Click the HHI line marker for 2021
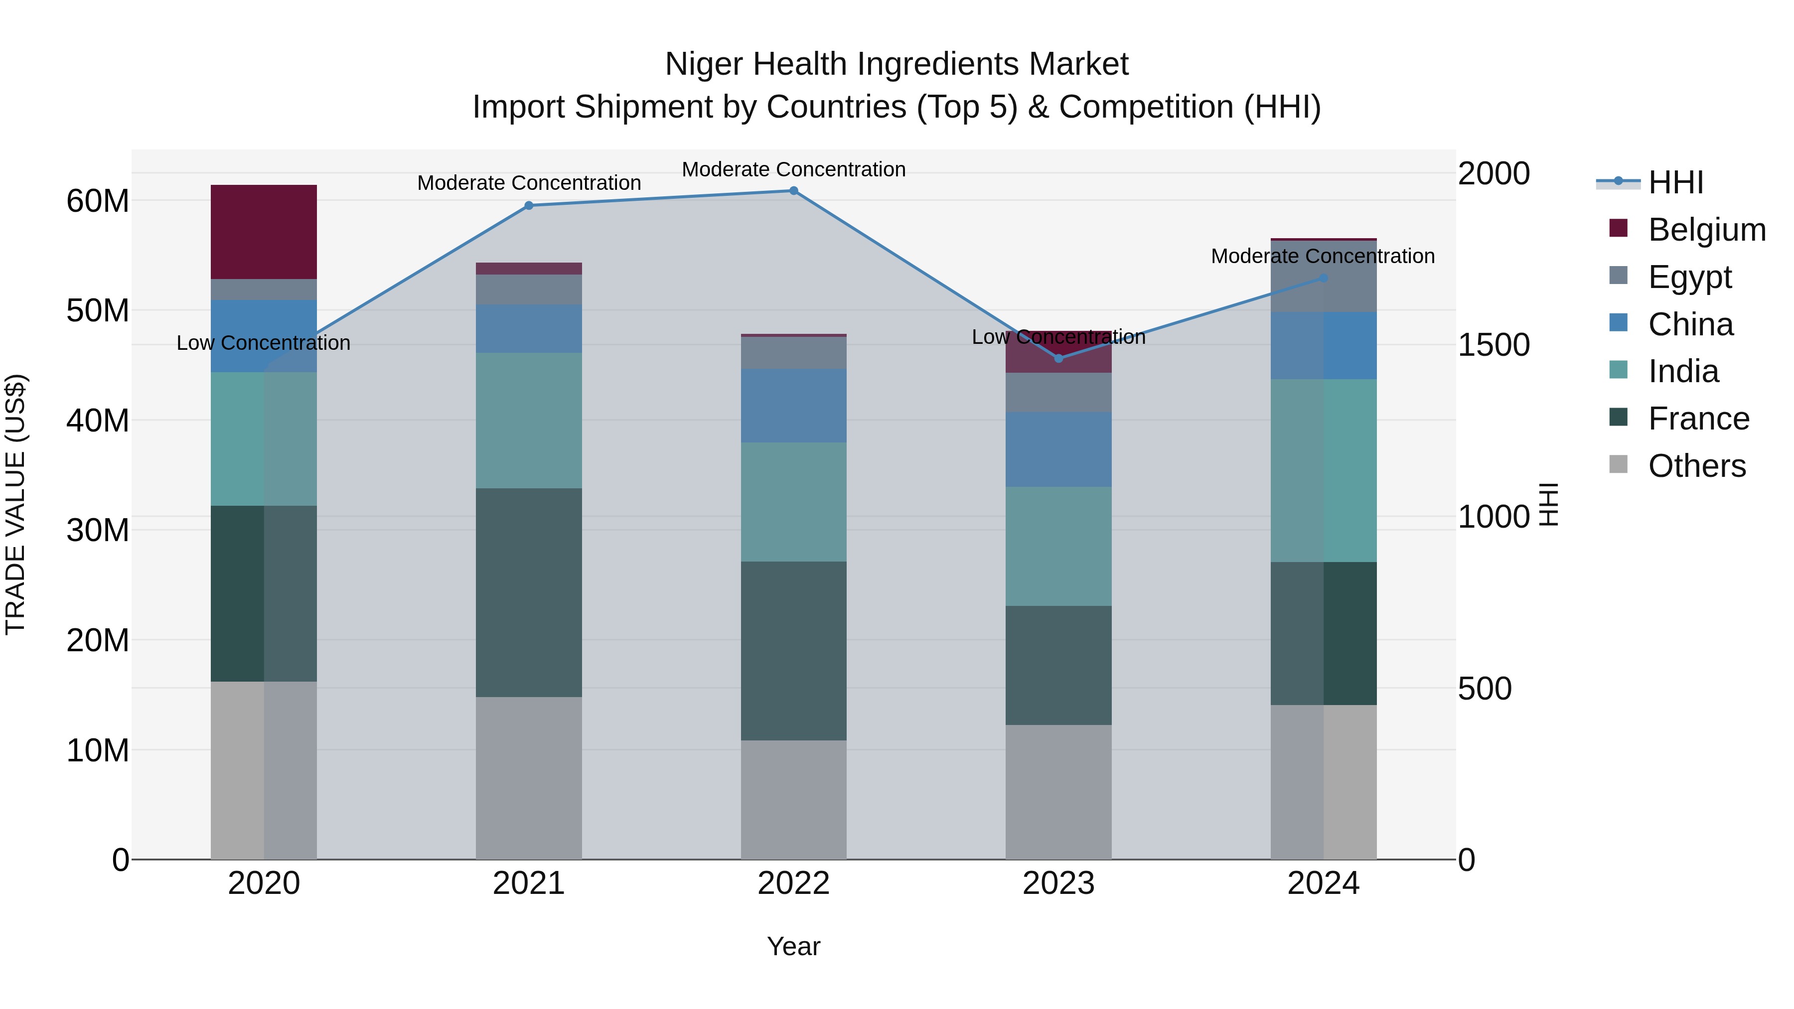(529, 205)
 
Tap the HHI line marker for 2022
(793, 191)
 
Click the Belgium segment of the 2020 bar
(264, 232)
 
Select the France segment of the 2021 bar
(529, 592)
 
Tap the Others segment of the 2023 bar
(1058, 792)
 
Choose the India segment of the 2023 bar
(1058, 546)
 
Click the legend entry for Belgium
(1706, 230)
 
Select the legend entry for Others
(1696, 466)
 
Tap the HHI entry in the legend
(1675, 182)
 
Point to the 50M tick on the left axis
(98, 310)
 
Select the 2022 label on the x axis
(793, 883)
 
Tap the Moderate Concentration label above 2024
(1323, 256)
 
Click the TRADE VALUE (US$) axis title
(16, 504)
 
